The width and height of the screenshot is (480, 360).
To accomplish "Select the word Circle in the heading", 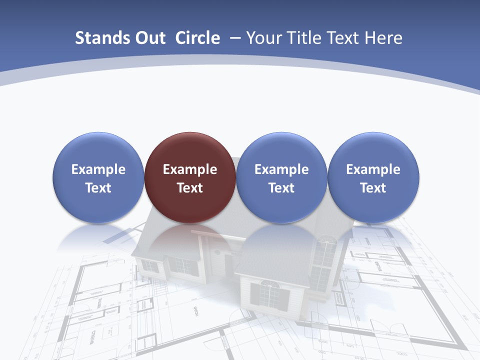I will [x=197, y=38].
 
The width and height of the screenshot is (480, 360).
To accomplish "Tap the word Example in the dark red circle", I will [x=190, y=169].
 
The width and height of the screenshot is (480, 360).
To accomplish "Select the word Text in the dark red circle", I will [x=190, y=188].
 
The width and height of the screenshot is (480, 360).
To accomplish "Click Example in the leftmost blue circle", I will [x=98, y=169].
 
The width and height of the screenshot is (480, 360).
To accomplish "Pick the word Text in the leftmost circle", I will [x=98, y=188].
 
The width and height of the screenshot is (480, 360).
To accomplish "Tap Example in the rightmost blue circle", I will [x=373, y=169].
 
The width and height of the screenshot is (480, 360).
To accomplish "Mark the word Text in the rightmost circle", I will [x=373, y=188].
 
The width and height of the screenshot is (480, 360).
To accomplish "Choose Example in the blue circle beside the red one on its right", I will [x=281, y=169].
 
